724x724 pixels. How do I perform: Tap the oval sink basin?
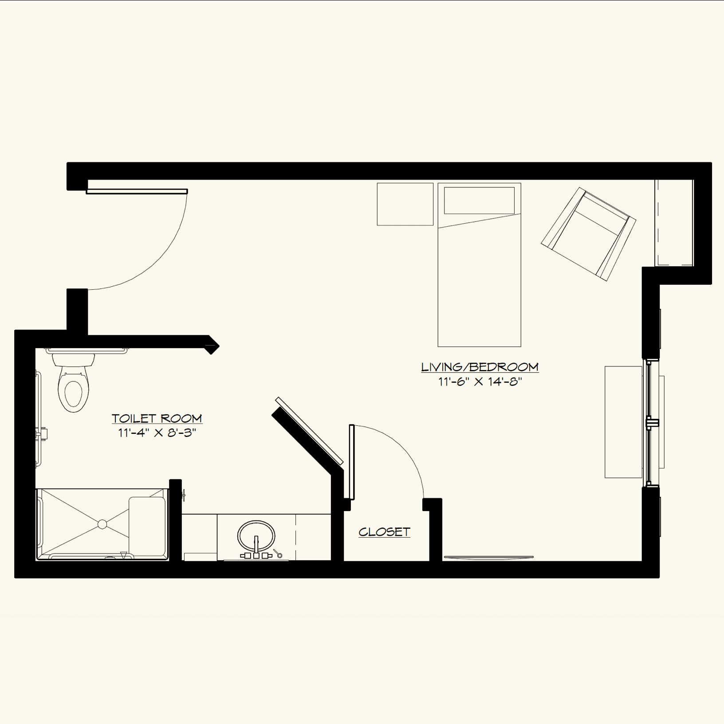pyautogui.click(x=256, y=535)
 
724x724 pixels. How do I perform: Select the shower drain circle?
pyautogui.click(x=102, y=524)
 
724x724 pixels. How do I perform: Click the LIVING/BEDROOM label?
pyautogui.click(x=480, y=367)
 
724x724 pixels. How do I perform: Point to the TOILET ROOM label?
pyautogui.click(x=157, y=418)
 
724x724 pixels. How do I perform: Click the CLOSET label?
pyautogui.click(x=384, y=532)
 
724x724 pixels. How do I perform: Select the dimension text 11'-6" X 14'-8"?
pyautogui.click(x=480, y=382)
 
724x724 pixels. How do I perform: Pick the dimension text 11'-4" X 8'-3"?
pyautogui.click(x=157, y=433)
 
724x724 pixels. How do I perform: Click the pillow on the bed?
pyautogui.click(x=479, y=201)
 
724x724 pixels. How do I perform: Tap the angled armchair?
pyautogui.click(x=588, y=234)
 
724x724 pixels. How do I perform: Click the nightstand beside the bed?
pyautogui.click(x=405, y=204)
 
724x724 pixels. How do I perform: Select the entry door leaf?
pyautogui.click(x=137, y=192)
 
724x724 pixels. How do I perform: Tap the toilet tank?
pyautogui.click(x=74, y=359)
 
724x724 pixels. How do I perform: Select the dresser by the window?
pyautogui.click(x=623, y=422)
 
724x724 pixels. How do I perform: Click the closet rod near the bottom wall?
pyautogui.click(x=488, y=557)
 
